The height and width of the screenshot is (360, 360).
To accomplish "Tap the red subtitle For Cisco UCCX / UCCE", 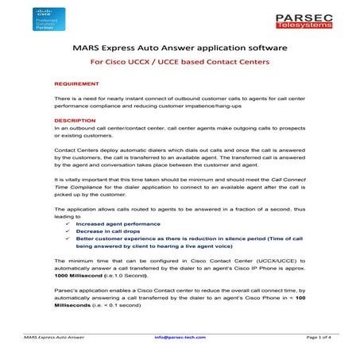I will [180, 61].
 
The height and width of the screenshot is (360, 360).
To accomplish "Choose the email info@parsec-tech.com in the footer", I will [180, 337].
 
